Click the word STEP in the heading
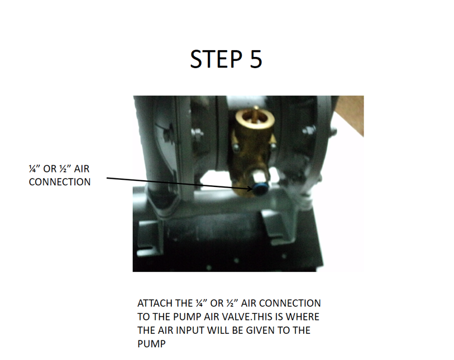point(216,59)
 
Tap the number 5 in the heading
point(256,59)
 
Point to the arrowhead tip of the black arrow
point(253,190)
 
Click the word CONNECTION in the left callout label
point(60,182)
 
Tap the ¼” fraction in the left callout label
point(35,169)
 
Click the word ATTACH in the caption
point(155,303)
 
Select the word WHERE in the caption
point(302,317)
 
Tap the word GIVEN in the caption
point(257,330)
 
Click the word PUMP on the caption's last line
point(151,344)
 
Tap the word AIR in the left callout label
point(82,169)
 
